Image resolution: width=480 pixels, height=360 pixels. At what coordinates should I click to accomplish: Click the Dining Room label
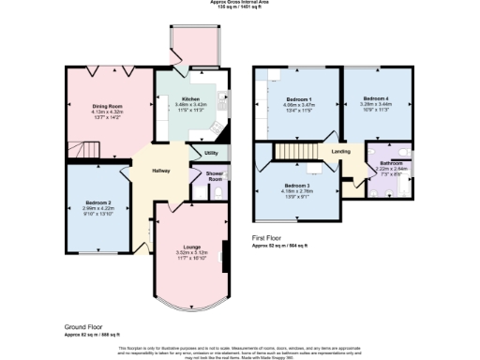[105, 106]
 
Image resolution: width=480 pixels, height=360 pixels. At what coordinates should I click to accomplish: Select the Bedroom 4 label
[376, 98]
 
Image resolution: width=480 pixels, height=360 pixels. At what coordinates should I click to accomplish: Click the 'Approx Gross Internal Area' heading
[240, 3]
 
